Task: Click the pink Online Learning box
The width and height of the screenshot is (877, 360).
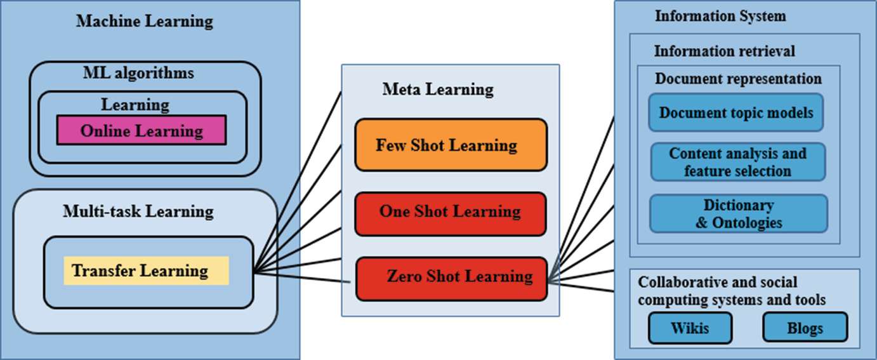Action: click(x=141, y=130)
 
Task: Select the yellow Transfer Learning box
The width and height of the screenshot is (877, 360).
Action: click(x=146, y=271)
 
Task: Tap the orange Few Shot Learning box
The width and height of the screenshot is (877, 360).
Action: click(x=451, y=145)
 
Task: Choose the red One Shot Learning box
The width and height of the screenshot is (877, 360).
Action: click(x=451, y=212)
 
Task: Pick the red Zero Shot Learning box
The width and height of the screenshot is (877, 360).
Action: click(x=451, y=278)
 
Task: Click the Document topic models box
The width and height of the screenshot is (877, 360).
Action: click(x=736, y=113)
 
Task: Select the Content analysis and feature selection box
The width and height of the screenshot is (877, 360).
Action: click(x=737, y=162)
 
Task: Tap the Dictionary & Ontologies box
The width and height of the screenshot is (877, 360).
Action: click(x=739, y=213)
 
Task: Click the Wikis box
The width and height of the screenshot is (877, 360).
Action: click(x=690, y=328)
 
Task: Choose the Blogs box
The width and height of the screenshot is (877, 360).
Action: click(x=805, y=328)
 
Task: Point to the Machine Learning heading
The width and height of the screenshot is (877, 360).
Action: click(x=145, y=21)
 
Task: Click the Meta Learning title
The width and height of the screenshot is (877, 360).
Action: click(x=438, y=89)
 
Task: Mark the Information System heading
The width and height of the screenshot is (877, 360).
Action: click(x=720, y=16)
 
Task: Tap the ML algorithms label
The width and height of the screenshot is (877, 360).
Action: click(x=138, y=72)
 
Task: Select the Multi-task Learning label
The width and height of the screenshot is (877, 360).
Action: click(x=138, y=211)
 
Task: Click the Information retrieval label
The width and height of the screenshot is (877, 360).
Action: click(x=724, y=50)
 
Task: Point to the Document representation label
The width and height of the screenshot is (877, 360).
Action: click(x=738, y=79)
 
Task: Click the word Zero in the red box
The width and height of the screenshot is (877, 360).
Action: click(x=404, y=277)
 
